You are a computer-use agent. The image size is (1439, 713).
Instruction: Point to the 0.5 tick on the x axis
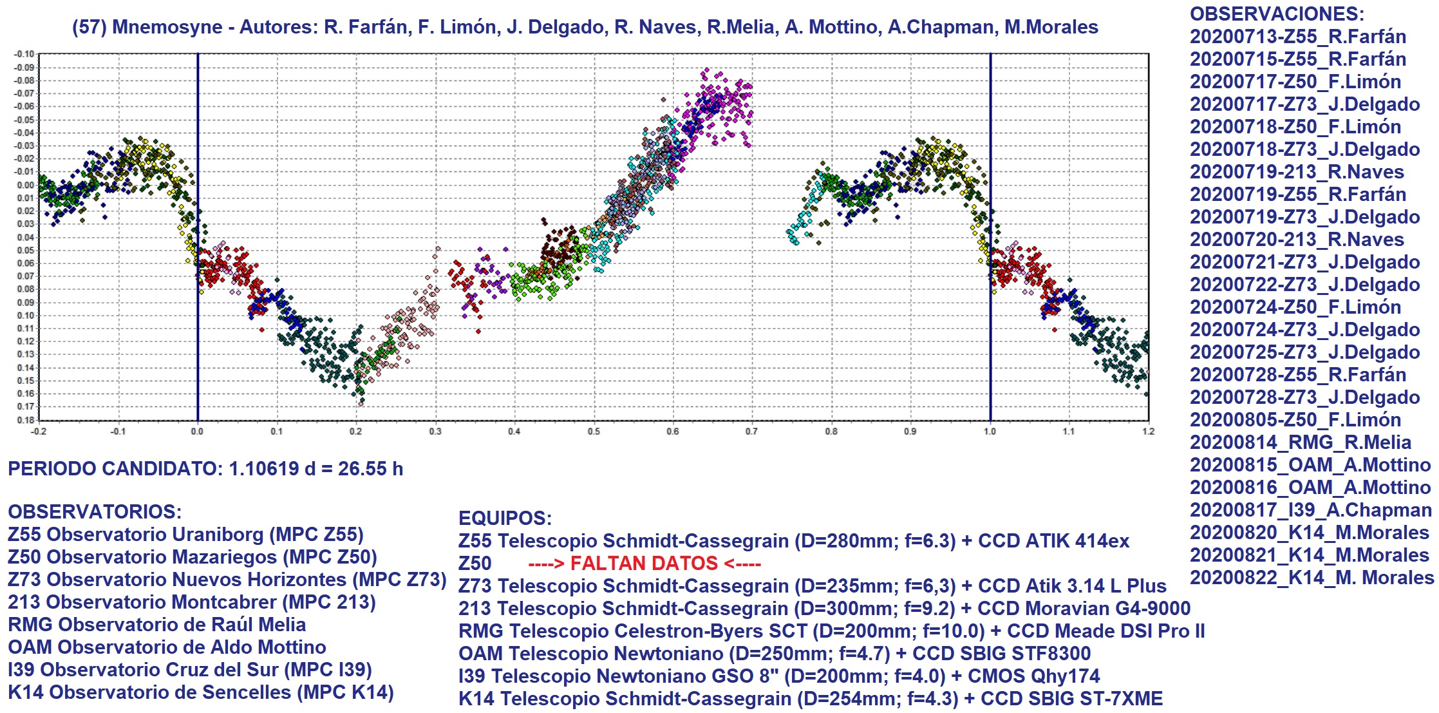[x=594, y=431]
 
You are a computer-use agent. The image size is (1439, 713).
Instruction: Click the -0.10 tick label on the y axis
[x=24, y=54]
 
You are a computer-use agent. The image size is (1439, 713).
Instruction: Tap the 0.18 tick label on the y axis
[x=25, y=420]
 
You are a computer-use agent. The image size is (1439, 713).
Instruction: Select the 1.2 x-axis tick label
[x=1148, y=431]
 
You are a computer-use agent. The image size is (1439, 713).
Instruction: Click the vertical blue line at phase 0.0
[x=198, y=193]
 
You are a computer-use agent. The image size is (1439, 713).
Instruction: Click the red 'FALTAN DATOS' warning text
[x=644, y=564]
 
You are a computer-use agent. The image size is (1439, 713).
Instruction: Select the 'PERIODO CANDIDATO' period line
[x=205, y=469]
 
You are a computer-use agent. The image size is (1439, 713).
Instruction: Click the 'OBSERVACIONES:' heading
[x=1277, y=14]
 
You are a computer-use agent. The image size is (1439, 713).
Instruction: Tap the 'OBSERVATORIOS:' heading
[x=95, y=512]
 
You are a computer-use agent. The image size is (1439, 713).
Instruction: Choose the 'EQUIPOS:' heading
[x=505, y=518]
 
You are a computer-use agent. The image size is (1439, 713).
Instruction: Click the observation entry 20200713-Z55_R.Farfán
[x=1297, y=37]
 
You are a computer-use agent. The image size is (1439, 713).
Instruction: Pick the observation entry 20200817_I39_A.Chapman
[x=1310, y=510]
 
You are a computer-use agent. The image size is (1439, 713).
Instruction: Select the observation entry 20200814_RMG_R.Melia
[x=1300, y=442]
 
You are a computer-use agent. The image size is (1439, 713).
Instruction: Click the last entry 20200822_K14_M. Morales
[x=1312, y=578]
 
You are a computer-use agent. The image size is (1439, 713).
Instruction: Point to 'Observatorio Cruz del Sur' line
[x=189, y=670]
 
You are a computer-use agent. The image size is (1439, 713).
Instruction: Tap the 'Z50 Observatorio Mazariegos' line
[x=192, y=557]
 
